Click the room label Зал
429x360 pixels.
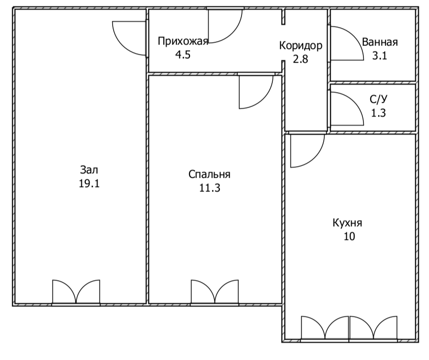click(x=89, y=170)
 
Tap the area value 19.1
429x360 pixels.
click(x=89, y=184)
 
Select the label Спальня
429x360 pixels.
click(x=210, y=174)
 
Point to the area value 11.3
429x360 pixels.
click(x=210, y=188)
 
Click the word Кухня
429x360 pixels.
click(x=348, y=223)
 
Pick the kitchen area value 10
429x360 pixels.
click(x=349, y=237)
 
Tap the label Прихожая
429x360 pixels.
click(x=183, y=42)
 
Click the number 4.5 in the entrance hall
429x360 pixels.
click(x=183, y=55)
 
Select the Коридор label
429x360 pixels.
click(x=301, y=46)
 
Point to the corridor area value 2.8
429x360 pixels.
click(x=300, y=59)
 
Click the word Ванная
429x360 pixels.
click(x=380, y=43)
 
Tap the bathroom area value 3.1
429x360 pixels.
click(x=379, y=56)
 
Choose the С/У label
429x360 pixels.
click(x=379, y=99)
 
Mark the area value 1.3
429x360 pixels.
click(x=379, y=113)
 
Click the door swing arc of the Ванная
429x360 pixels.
click(x=354, y=36)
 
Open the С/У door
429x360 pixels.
click(x=354, y=101)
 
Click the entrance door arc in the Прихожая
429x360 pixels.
click(x=233, y=33)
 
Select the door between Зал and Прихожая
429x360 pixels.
click(x=122, y=46)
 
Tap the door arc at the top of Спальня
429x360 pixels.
click(x=263, y=99)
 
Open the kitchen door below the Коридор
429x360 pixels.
click(x=314, y=158)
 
